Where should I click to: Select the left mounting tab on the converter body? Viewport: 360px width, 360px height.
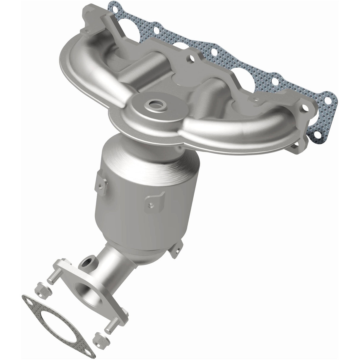point(100,185)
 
